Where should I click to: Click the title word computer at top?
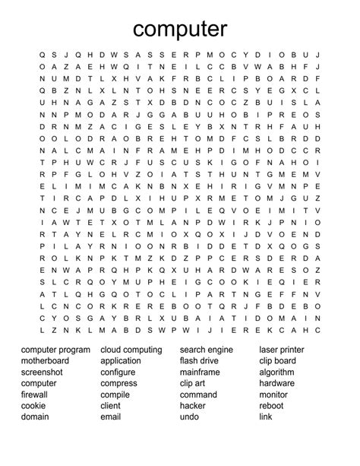[179, 29]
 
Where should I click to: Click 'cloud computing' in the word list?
[131, 350]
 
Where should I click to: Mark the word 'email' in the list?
[111, 417]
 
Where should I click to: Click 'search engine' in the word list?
[207, 350]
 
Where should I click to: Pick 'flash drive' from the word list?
[199, 362]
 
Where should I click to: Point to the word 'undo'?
[189, 417]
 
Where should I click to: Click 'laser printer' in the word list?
[282, 350]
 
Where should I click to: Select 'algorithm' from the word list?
[276, 372]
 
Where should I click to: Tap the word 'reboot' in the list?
[272, 406]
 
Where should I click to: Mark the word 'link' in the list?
[265, 417]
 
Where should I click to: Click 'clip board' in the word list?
[277, 362]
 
